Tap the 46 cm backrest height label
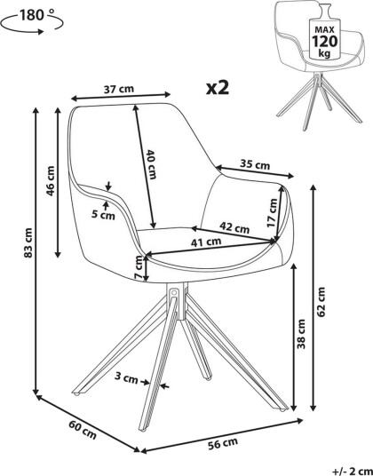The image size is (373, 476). [51, 181]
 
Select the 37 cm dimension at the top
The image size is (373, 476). [119, 89]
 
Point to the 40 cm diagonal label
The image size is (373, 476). [151, 164]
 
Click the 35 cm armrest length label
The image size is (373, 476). [255, 164]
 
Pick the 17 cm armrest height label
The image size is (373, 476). [272, 212]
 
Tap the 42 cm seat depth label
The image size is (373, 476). [234, 227]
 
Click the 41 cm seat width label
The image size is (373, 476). [206, 242]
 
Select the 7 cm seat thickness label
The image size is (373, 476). [139, 267]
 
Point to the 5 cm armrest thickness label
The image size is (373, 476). [104, 216]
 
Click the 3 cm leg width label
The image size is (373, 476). [126, 378]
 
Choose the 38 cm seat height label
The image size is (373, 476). [301, 334]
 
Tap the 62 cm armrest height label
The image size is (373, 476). [321, 302]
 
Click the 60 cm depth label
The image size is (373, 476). [83, 430]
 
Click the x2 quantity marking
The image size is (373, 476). [218, 88]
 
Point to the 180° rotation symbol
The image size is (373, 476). [32, 20]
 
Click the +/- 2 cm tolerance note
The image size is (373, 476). [353, 472]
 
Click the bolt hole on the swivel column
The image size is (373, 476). [174, 294]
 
